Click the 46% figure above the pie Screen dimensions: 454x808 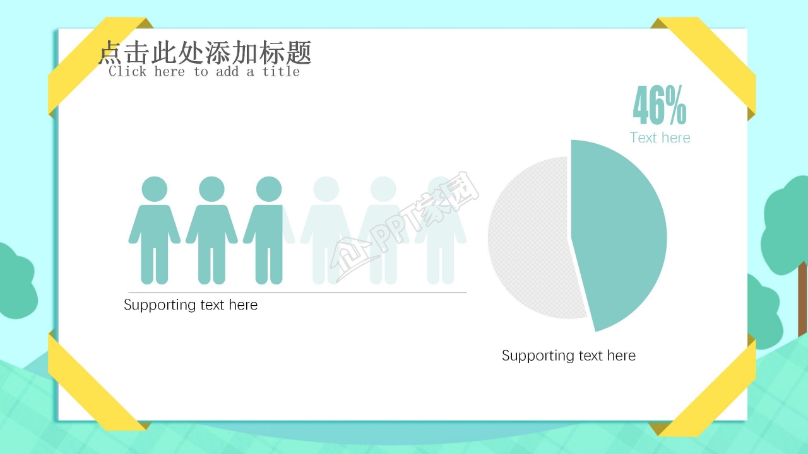click(x=659, y=106)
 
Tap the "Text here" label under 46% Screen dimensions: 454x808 click(x=660, y=137)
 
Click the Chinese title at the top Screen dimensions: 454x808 click(x=205, y=53)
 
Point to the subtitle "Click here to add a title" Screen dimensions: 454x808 click(x=204, y=71)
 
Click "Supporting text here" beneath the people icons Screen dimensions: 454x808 click(x=191, y=305)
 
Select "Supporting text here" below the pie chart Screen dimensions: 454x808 click(x=568, y=356)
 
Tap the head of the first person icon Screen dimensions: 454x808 click(x=155, y=189)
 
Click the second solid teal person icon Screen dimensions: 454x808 click(x=211, y=233)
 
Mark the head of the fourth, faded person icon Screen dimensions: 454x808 click(x=326, y=189)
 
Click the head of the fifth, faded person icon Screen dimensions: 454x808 click(x=383, y=189)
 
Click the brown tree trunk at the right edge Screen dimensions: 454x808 click(x=802, y=300)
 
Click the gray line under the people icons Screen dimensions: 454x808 click(x=297, y=293)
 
